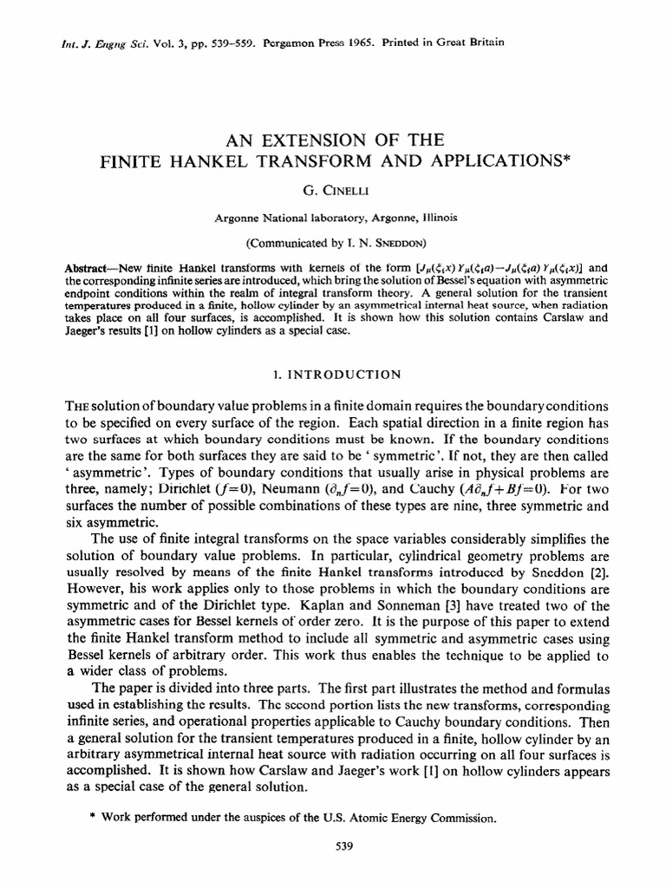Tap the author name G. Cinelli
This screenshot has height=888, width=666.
click(332, 188)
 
